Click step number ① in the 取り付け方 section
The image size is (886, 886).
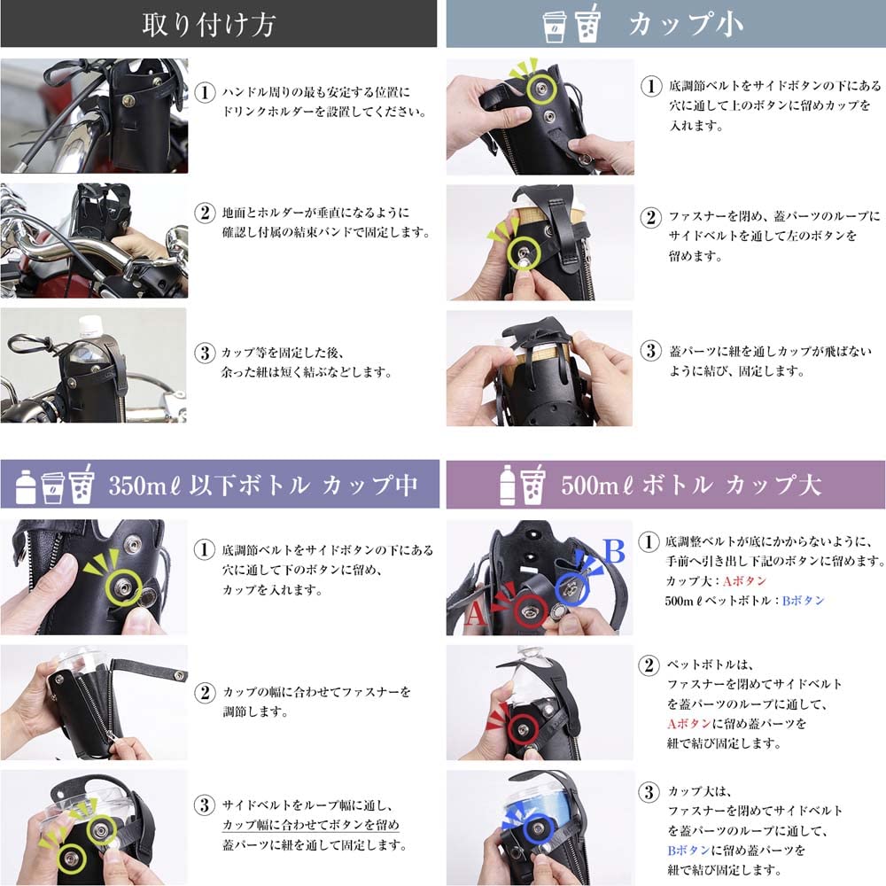click(x=205, y=92)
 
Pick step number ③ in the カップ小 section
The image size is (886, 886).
click(x=651, y=351)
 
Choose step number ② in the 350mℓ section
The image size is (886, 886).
click(x=205, y=691)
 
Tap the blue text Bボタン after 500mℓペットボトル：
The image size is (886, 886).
click(x=803, y=600)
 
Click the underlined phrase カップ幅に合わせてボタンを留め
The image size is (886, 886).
click(x=310, y=825)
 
